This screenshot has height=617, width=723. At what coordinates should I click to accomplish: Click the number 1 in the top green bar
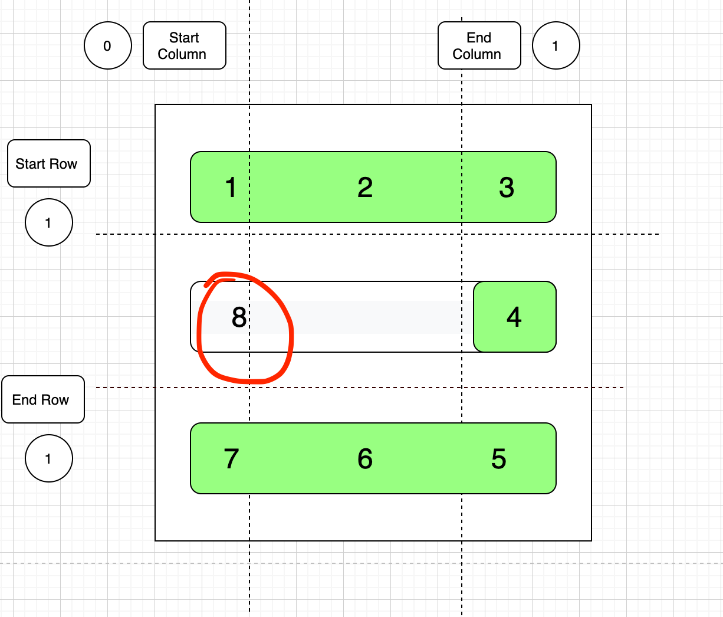(231, 188)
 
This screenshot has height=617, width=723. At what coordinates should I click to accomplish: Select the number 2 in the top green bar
(365, 188)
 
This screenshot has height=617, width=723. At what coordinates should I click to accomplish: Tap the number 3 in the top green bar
(507, 188)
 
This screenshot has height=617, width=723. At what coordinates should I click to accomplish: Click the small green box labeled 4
(514, 317)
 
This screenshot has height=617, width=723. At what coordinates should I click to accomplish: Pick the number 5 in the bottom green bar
(499, 459)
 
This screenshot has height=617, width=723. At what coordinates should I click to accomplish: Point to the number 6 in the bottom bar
(365, 459)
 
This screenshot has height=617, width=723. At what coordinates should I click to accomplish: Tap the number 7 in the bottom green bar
(231, 459)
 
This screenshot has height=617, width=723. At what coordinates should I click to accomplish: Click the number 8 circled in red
(239, 317)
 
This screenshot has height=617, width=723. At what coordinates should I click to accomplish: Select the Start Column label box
(184, 45)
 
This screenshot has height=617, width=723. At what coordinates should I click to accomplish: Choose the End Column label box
(479, 45)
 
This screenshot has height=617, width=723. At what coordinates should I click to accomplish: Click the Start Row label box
(48, 163)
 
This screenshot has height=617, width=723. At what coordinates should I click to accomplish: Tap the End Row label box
(42, 399)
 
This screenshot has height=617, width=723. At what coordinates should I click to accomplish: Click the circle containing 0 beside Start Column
(107, 45)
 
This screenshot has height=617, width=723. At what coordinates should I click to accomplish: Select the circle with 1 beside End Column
(556, 45)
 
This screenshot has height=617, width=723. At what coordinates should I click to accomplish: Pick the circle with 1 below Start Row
(48, 222)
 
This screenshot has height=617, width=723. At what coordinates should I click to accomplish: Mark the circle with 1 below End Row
(48, 458)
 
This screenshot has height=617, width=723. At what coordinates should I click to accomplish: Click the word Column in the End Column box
(477, 54)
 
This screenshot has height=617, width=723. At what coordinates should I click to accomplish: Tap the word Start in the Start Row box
(30, 164)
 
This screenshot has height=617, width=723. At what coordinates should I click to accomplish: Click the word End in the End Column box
(479, 38)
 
